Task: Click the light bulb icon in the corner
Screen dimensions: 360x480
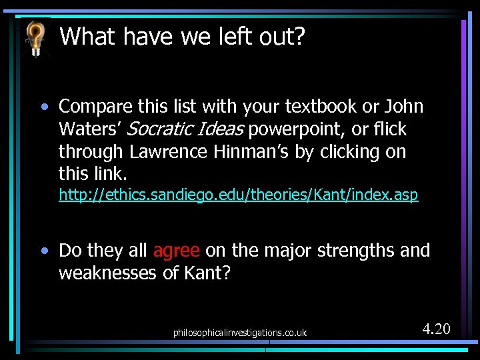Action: pos(35,37)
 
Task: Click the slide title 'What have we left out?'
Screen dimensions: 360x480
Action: pos(182,36)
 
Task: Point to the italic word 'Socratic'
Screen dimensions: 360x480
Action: pos(158,129)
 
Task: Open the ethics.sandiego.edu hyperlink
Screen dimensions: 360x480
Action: pos(238,195)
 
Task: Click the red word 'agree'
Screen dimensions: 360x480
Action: pos(176,251)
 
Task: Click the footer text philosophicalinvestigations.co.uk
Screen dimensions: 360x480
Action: pos(239,332)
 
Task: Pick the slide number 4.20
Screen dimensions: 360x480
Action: pos(436,329)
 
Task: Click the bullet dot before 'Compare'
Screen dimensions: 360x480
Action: pos(44,107)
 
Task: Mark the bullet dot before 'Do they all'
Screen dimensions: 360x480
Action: pos(44,251)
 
